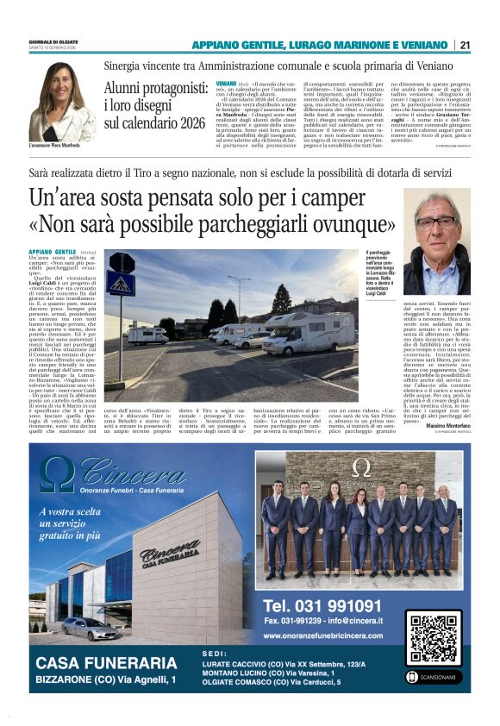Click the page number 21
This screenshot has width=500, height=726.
click(x=465, y=45)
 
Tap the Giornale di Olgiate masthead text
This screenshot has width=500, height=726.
click(x=54, y=41)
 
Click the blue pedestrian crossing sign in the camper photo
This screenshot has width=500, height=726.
click(x=121, y=284)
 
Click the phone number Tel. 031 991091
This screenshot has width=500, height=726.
click(x=322, y=604)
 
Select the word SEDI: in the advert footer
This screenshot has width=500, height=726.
click(x=215, y=653)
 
